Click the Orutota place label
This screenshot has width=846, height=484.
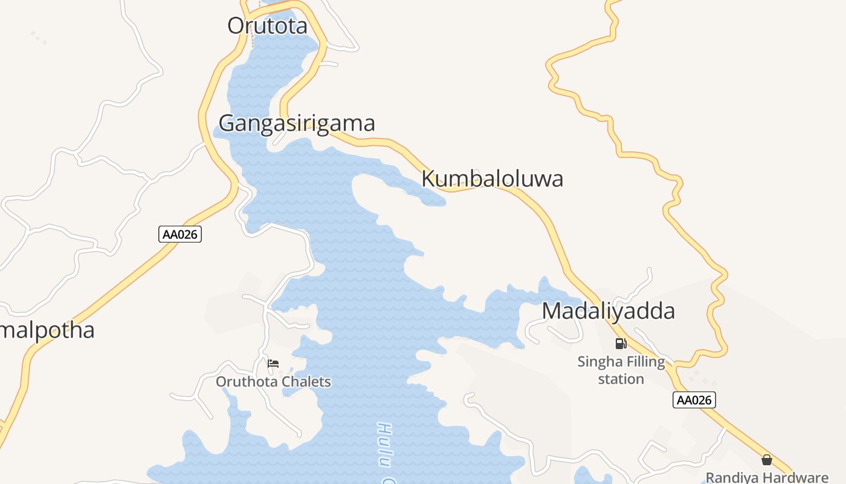click(x=267, y=25)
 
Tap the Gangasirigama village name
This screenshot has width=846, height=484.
click(x=297, y=123)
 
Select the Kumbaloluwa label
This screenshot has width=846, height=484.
click(x=492, y=179)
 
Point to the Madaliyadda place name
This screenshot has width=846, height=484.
click(x=608, y=311)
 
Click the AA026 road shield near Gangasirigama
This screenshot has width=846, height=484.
click(x=180, y=235)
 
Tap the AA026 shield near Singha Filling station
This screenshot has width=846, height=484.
click(x=694, y=400)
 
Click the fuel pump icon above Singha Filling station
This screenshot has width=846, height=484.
click(x=621, y=344)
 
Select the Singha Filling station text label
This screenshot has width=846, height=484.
click(x=621, y=370)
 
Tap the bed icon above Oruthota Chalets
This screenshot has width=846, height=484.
click(x=273, y=364)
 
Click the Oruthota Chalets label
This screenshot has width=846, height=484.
click(x=273, y=382)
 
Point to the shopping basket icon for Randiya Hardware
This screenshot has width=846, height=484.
click(x=767, y=460)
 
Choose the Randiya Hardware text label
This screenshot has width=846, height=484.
click(x=767, y=477)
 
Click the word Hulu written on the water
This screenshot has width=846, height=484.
click(x=385, y=445)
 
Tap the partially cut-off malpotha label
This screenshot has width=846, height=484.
click(x=48, y=331)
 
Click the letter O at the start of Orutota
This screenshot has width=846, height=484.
click(x=236, y=25)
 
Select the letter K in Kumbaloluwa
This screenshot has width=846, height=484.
click(x=428, y=179)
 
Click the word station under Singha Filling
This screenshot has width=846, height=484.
click(x=621, y=379)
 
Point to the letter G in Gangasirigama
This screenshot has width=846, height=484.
click(x=227, y=123)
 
